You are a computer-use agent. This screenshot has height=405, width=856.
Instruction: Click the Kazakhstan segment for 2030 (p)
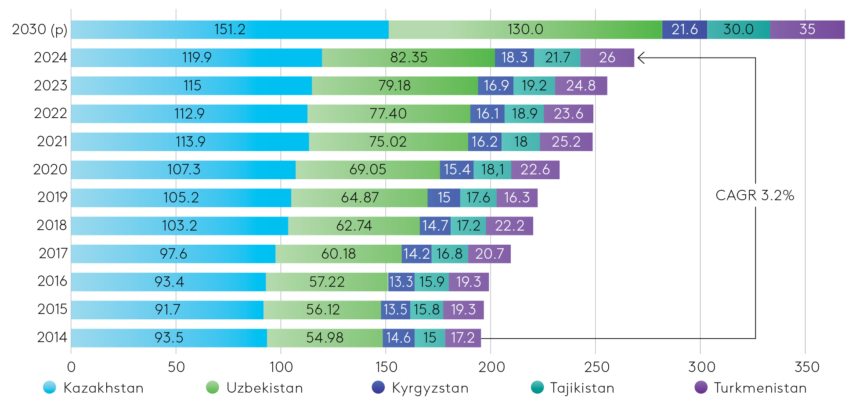click(x=230, y=29)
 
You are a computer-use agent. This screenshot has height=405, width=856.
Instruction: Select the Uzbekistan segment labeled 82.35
click(x=408, y=58)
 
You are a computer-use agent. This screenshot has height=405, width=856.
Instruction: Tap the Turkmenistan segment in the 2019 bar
click(x=517, y=198)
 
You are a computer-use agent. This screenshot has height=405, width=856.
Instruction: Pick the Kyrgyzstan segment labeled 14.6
click(x=398, y=338)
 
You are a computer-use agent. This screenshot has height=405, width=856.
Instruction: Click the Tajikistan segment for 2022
click(x=524, y=114)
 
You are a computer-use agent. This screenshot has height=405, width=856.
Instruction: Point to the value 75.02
click(x=388, y=142)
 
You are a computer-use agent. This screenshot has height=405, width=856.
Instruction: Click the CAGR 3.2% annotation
click(x=755, y=195)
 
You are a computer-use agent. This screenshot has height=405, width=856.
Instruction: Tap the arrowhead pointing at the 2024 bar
click(x=640, y=58)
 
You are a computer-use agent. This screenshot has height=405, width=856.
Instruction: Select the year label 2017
click(x=53, y=253)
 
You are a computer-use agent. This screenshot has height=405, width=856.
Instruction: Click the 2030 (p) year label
click(x=40, y=29)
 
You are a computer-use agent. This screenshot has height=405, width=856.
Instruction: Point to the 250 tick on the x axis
click(x=596, y=367)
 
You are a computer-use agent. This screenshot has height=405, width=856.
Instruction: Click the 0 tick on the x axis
click(x=71, y=367)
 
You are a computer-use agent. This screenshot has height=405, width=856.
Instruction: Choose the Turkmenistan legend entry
click(x=751, y=388)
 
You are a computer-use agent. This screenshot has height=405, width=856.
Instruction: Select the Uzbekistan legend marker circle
click(x=213, y=387)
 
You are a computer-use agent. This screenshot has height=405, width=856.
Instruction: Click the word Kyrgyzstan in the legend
click(x=430, y=388)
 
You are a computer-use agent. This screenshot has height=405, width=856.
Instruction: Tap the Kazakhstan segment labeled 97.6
click(x=173, y=254)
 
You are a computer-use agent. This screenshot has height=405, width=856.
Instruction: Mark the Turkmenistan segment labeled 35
click(x=807, y=29)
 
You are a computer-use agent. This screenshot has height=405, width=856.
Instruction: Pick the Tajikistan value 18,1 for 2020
click(x=492, y=170)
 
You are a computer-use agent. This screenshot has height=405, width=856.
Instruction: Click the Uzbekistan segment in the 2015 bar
click(x=322, y=310)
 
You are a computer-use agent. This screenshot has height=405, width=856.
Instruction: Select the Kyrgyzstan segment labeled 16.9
click(x=496, y=86)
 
